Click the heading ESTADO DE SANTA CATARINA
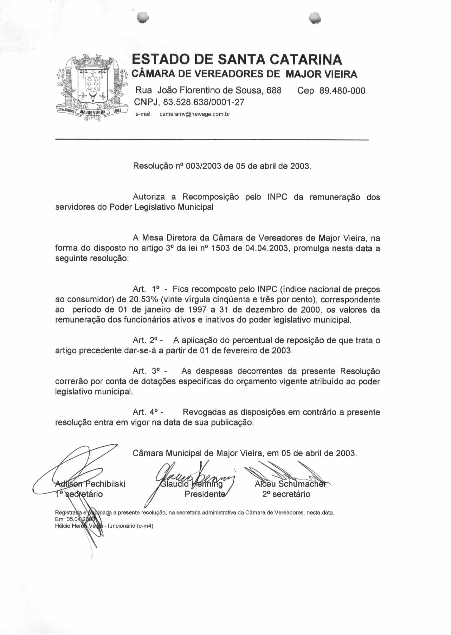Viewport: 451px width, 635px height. point(237,59)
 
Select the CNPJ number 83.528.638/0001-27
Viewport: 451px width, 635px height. point(204,102)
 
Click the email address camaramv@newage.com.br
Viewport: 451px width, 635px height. point(195,114)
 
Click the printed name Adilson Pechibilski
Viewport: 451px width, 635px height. point(90,484)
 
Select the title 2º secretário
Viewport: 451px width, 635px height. point(286,494)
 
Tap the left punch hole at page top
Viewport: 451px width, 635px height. point(143,17)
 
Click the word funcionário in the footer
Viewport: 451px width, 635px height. point(121,526)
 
